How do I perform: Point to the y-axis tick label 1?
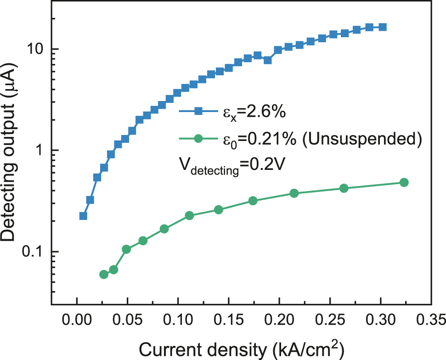click(40, 151)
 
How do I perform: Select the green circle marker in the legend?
click(198, 138)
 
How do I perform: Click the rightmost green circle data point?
click(404, 182)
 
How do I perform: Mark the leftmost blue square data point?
click(83, 216)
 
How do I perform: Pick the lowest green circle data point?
click(104, 274)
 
